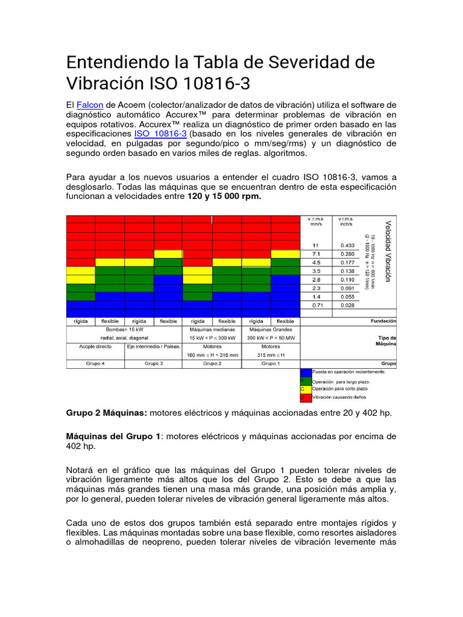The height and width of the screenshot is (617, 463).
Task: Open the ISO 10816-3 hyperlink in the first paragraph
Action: tap(160, 133)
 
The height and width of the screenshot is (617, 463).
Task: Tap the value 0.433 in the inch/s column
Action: tap(347, 245)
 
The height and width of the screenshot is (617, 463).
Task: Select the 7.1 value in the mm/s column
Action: tap(316, 254)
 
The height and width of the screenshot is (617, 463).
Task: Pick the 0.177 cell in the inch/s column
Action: tap(347, 263)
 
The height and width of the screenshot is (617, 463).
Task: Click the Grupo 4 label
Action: tap(95, 364)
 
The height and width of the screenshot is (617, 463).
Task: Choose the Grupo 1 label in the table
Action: tap(270, 364)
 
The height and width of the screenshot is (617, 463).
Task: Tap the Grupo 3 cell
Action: tap(153, 364)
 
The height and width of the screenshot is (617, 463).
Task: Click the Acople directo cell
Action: tap(95, 347)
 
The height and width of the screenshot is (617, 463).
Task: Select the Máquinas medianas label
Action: tap(212, 330)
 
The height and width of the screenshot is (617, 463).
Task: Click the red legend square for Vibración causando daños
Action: tap(306, 398)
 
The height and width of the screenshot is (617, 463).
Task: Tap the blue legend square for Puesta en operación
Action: tap(306, 373)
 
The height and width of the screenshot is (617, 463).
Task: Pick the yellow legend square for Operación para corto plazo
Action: tap(306, 390)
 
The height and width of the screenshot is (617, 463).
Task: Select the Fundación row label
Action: tap(383, 321)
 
